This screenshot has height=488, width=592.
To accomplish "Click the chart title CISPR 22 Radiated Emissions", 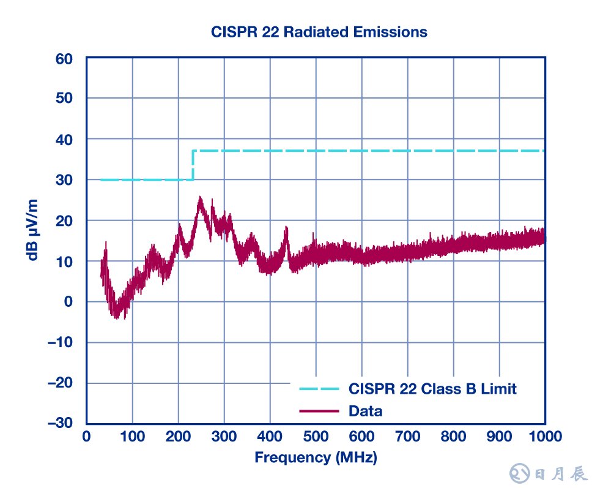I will tap(319, 32).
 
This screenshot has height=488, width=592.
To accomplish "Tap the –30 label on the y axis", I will tap(60, 424).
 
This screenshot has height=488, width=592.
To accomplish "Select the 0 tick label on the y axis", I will tap(68, 302).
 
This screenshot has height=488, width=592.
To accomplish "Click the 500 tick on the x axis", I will tap(316, 437).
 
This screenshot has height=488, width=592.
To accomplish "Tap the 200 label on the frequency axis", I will tap(178, 437).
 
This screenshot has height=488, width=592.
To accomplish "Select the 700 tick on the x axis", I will tap(407, 437).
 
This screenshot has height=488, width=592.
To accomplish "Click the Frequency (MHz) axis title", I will tap(316, 457).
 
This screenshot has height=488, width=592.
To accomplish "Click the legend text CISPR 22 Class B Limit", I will tap(432, 388).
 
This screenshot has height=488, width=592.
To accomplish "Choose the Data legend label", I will tap(365, 411).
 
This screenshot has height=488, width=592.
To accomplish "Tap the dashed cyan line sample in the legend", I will tap(319, 388).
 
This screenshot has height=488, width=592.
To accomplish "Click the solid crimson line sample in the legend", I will tap(319, 411).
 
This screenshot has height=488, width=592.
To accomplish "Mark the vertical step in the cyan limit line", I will tap(193, 165).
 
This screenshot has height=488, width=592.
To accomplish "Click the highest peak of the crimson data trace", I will tap(199, 198).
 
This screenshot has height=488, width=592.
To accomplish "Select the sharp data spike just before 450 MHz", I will tap(286, 228).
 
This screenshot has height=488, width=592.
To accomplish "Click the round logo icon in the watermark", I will tap(519, 472).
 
